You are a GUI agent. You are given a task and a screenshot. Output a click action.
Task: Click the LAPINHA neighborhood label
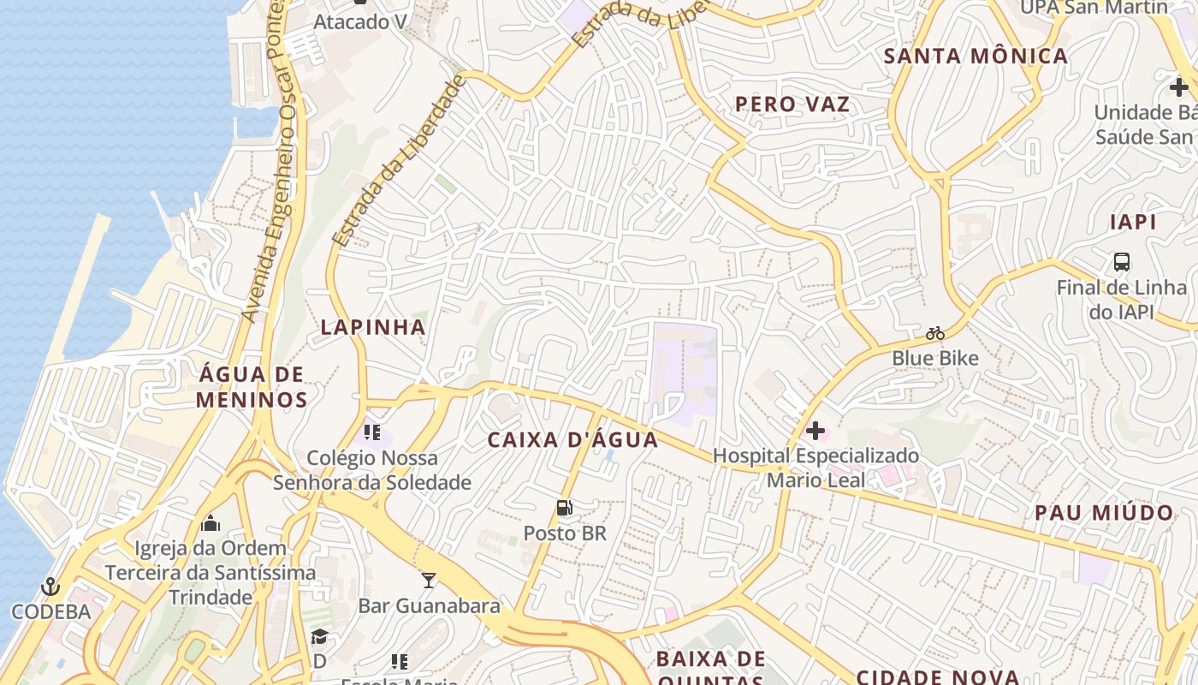(x=373, y=327)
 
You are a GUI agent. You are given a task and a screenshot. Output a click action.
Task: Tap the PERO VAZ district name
(x=792, y=104)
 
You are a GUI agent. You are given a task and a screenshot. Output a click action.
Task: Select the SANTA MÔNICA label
(x=976, y=57)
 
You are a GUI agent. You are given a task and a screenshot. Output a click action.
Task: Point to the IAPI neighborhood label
(x=1133, y=222)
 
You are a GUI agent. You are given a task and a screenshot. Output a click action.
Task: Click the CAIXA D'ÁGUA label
(x=572, y=440)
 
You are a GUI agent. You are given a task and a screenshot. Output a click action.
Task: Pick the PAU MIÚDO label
(x=1104, y=513)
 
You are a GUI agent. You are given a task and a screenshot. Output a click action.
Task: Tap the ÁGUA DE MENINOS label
(x=252, y=387)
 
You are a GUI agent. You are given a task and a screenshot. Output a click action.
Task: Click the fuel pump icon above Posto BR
(x=564, y=508)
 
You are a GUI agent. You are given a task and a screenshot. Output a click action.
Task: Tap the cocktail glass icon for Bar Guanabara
(x=429, y=581)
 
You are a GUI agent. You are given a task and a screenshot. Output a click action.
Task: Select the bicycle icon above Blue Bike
(x=934, y=333)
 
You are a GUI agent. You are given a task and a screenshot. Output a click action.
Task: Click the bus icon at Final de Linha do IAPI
(x=1121, y=262)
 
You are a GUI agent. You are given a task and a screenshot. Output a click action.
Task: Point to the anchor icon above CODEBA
(x=50, y=587)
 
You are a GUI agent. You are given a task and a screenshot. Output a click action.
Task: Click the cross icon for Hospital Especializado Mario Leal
(x=815, y=431)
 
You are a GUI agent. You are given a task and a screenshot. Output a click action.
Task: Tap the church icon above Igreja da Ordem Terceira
(x=211, y=523)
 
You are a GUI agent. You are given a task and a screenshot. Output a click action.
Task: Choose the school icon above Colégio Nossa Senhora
(x=371, y=432)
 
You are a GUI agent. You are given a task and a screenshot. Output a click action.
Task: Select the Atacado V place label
(x=359, y=22)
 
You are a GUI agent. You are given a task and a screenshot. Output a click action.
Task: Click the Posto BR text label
(x=564, y=533)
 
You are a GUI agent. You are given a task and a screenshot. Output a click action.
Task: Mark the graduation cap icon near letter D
(x=319, y=636)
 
